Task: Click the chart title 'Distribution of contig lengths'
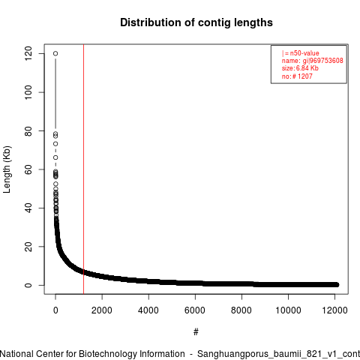pyautogui.click(x=196, y=22)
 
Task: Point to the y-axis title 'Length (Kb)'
pyautogui.click(x=7, y=169)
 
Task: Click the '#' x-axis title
pyautogui.click(x=196, y=332)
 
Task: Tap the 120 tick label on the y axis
pyautogui.click(x=28, y=53)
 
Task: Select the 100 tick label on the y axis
pyautogui.click(x=28, y=92)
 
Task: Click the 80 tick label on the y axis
pyautogui.click(x=28, y=130)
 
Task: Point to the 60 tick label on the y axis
pyautogui.click(x=28, y=169)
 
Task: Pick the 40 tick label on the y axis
pyautogui.click(x=28, y=208)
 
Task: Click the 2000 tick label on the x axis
pyautogui.click(x=102, y=310)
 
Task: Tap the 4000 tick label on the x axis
pyautogui.click(x=148, y=310)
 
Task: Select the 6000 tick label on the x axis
pyautogui.click(x=195, y=310)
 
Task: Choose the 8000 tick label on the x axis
pyautogui.click(x=241, y=310)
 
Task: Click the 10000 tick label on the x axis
pyautogui.click(x=288, y=310)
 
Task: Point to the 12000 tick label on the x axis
pyautogui.click(x=334, y=310)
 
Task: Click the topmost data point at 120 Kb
pyautogui.click(x=55, y=53)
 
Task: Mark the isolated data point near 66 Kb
pyautogui.click(x=55, y=157)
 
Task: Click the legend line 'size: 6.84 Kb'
pyautogui.click(x=300, y=68)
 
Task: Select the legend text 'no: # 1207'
pyautogui.click(x=297, y=76)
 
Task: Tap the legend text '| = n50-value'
pyautogui.click(x=300, y=53)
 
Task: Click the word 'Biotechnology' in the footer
pyautogui.click(x=107, y=354)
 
